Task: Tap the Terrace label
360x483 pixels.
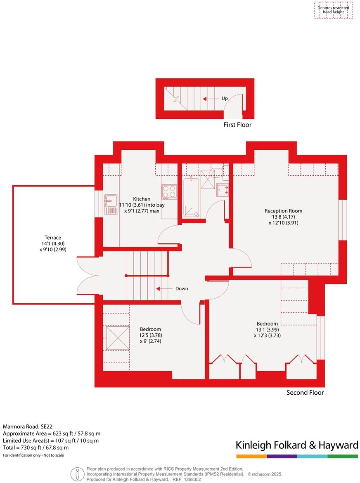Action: pyautogui.click(x=53, y=238)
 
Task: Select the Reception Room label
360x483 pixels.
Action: pyautogui.click(x=281, y=211)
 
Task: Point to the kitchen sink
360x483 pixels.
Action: pyautogui.click(x=111, y=205)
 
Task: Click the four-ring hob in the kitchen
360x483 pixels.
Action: pyautogui.click(x=168, y=192)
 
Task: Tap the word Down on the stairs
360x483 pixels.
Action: pyautogui.click(x=182, y=289)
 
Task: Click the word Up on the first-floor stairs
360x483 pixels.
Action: pyautogui.click(x=225, y=99)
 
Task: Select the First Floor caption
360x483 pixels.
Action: pyautogui.click(x=237, y=125)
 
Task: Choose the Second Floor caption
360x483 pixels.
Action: pyautogui.click(x=305, y=393)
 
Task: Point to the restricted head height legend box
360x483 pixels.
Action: pyautogui.click(x=333, y=10)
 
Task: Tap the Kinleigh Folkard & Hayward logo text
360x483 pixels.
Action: pyautogui.click(x=297, y=445)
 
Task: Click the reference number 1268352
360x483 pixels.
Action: pyautogui.click(x=192, y=479)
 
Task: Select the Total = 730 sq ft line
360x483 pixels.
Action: pyautogui.click(x=36, y=448)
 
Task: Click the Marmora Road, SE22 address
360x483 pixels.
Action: pyautogui.click(x=28, y=426)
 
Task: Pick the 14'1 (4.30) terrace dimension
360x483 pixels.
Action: pyautogui.click(x=53, y=243)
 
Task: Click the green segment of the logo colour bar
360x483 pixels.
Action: pyautogui.click(x=343, y=456)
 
